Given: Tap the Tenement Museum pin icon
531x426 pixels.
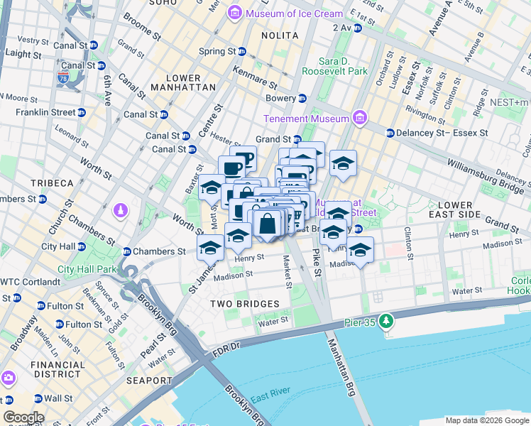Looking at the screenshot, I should click(x=359, y=118).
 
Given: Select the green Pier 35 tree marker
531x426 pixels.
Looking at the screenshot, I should click(x=386, y=322).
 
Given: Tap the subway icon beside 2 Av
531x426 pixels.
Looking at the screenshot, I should click(x=358, y=28).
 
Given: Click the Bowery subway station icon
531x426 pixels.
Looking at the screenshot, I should click(x=302, y=98).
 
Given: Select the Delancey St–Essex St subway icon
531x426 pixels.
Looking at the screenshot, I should click(x=390, y=133).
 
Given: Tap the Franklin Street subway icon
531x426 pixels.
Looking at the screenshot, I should click(x=82, y=112).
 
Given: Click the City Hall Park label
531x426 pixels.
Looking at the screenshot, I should click(x=87, y=269).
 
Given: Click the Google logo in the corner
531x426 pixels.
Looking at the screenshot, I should click(x=23, y=417).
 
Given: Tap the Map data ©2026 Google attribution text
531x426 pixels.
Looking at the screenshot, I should click(x=486, y=420).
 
